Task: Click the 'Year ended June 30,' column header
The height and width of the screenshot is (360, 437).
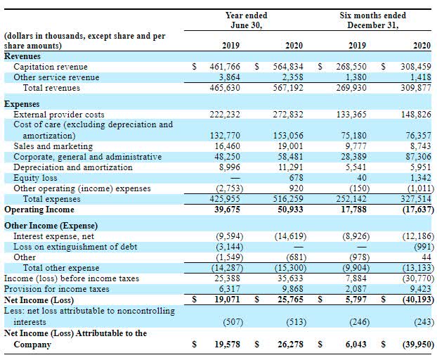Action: (x=246, y=20)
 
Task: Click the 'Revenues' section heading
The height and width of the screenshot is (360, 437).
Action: (x=22, y=56)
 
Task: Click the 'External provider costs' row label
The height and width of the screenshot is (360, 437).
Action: (x=60, y=114)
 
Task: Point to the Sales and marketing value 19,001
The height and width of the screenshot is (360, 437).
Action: (x=289, y=146)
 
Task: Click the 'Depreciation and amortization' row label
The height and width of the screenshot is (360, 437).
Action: (x=73, y=167)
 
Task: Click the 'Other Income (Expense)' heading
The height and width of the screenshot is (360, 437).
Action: (x=51, y=226)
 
